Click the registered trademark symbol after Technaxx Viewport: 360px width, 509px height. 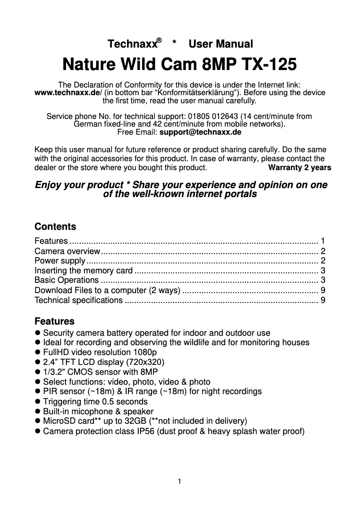[x=159, y=40]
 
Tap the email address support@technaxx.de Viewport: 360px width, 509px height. [x=200, y=132]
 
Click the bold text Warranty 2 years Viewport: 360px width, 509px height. [x=299, y=168]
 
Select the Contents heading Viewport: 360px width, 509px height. [x=55, y=227]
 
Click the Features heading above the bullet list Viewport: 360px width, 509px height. [x=54, y=321]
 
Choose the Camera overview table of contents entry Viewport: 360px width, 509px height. [x=67, y=251]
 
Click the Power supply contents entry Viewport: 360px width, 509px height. [x=60, y=261]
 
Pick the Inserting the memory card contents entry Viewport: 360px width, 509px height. [x=83, y=271]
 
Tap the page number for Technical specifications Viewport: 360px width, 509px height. [x=323, y=300]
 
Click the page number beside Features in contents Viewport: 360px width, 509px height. [x=323, y=241]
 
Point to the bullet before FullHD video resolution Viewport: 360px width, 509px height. [x=38, y=352]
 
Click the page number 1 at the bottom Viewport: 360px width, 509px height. [x=180, y=482]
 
